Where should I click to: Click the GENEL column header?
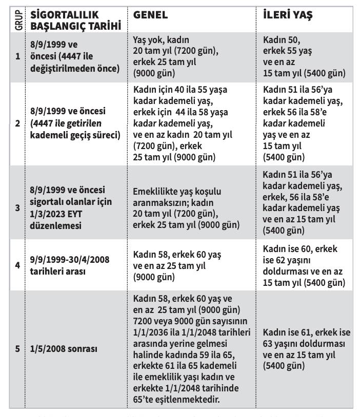pyautogui.click(x=150, y=15)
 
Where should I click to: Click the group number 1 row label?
pyautogui.click(x=17, y=56)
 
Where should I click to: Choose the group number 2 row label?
pyautogui.click(x=17, y=123)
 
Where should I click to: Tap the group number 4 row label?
pyautogui.click(x=17, y=265)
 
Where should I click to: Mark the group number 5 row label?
pyautogui.click(x=17, y=349)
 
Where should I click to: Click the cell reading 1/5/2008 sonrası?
pyautogui.click(x=64, y=349)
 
